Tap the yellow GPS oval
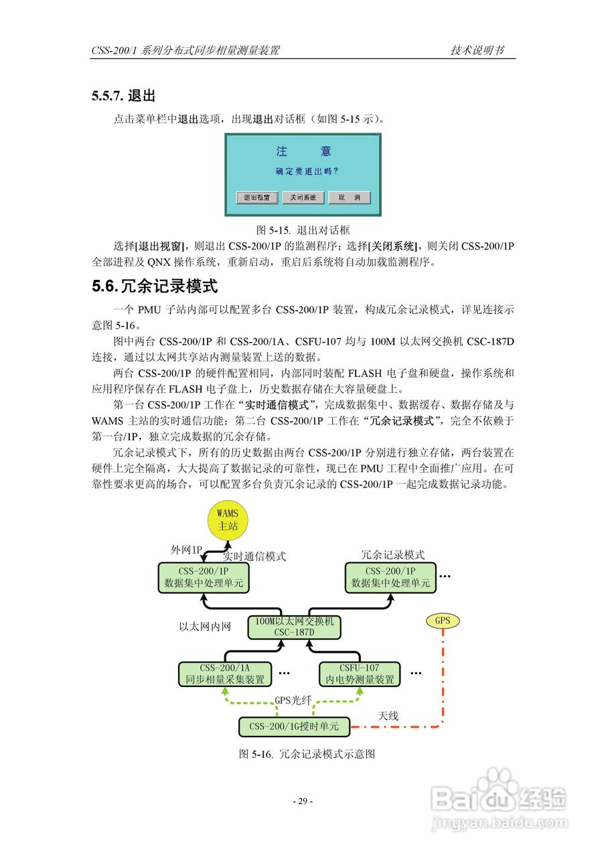443,621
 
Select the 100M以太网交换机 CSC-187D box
294,627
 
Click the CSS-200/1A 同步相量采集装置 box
225,674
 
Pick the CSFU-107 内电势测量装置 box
359,674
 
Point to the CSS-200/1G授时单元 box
294,726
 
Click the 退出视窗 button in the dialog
256,198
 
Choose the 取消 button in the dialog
349,198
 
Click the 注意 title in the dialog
303,152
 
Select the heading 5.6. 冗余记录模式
155,287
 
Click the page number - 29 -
303,801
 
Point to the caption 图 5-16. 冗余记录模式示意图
306,754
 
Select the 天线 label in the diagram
388,716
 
